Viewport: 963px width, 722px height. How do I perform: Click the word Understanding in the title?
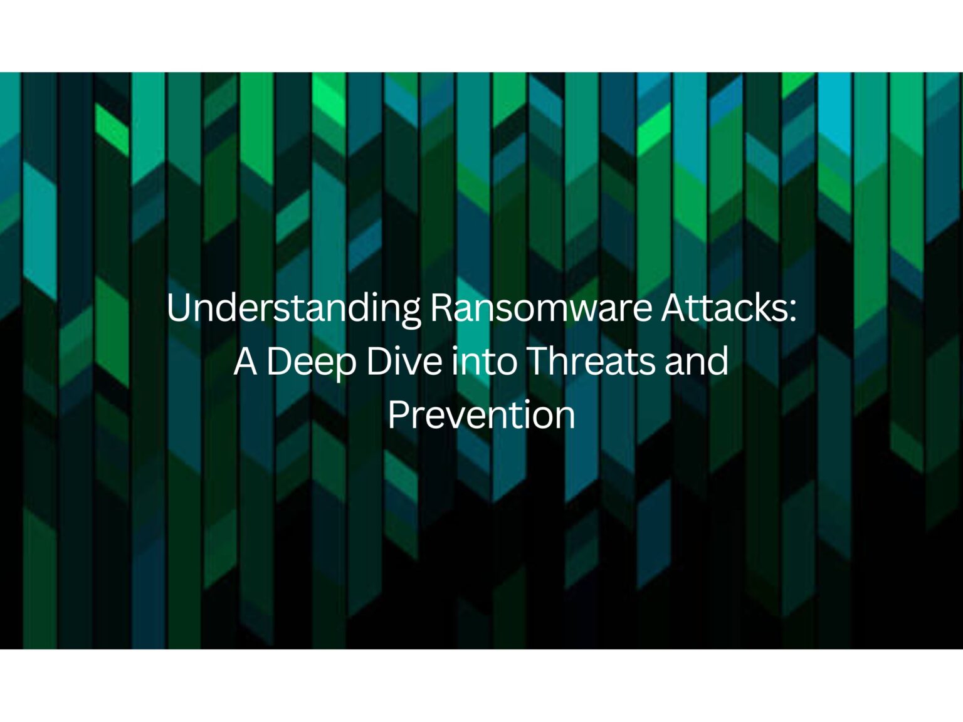[294, 308]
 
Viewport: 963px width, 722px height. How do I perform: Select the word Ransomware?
[541, 308]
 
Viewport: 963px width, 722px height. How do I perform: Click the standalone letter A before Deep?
[245, 362]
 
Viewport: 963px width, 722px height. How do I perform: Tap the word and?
[697, 362]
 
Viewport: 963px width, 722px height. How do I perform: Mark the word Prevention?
[481, 415]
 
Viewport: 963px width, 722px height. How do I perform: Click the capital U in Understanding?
[178, 308]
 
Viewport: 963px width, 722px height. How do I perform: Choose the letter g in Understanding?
[410, 311]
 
